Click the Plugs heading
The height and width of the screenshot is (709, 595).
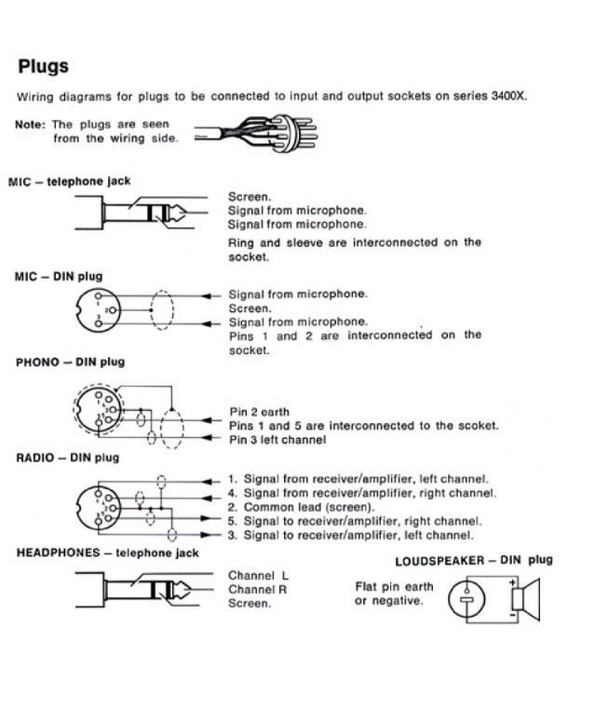(x=43, y=67)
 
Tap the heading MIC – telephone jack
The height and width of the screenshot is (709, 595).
(x=69, y=181)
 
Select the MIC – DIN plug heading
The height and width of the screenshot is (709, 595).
(x=59, y=277)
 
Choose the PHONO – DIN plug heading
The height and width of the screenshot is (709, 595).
(x=71, y=361)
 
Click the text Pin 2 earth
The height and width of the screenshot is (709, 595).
(x=260, y=412)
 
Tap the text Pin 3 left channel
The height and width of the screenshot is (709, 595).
(x=277, y=440)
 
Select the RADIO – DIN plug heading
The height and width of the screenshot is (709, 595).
(x=68, y=457)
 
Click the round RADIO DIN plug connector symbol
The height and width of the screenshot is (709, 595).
(x=100, y=507)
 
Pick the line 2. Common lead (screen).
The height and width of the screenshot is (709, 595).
(x=308, y=507)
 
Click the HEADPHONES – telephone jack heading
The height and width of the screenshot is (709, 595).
(x=108, y=552)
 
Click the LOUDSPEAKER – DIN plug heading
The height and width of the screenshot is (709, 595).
(x=473, y=560)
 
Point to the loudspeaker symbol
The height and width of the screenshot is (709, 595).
(x=527, y=598)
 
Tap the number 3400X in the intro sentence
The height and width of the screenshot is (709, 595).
(x=508, y=96)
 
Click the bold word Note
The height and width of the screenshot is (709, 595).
(x=31, y=124)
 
